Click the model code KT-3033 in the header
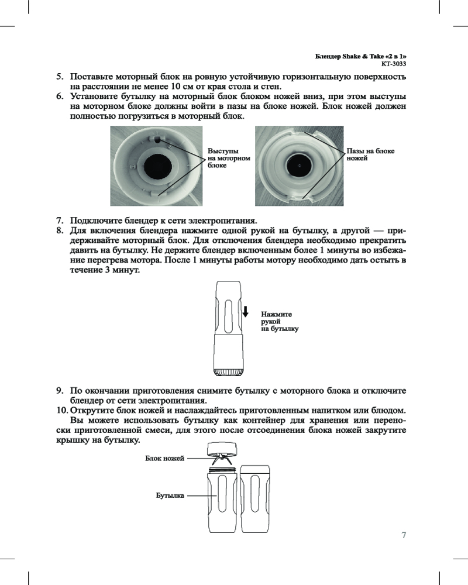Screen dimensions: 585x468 [x=394, y=63]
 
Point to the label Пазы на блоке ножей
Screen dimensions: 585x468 [x=370, y=154]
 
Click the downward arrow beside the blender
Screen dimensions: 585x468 [x=246, y=311]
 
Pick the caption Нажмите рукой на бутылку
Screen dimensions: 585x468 [x=279, y=322]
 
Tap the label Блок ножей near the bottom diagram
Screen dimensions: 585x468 [x=164, y=458]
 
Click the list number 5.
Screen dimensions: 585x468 [x=59, y=77]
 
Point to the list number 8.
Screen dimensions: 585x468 [x=59, y=230]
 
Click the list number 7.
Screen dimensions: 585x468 [x=59, y=221]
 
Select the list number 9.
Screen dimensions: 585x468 [x=59, y=390]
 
